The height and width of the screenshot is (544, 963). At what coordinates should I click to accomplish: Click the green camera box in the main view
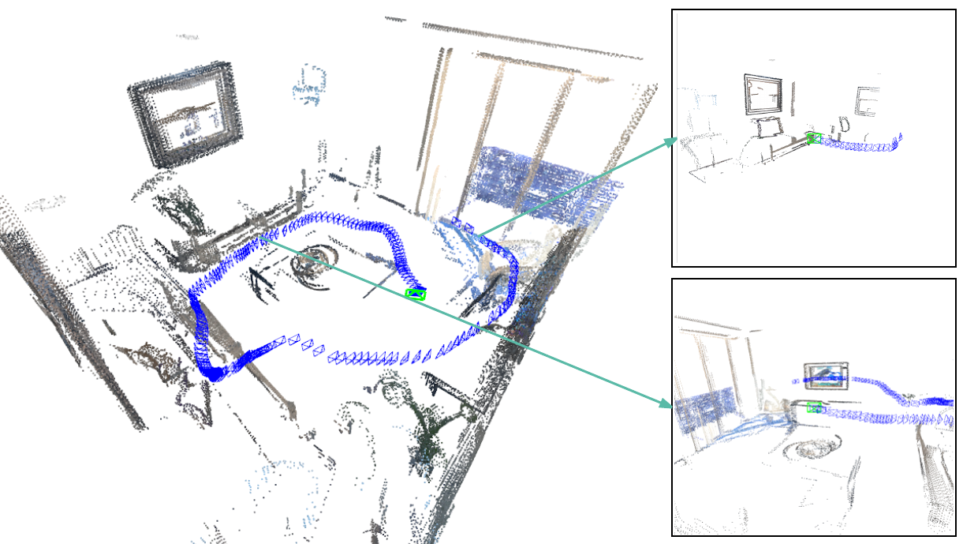416,295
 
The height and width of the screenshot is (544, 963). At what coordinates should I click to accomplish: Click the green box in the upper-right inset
814,138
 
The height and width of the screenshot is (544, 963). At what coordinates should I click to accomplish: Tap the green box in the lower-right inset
816,407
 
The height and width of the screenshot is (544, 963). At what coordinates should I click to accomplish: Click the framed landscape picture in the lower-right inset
826,377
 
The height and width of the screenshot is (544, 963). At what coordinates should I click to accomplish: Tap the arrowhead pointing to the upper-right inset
671,141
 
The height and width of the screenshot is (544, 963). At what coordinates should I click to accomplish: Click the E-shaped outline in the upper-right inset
866,102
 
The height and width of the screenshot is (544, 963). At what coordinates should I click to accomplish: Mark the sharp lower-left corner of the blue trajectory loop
212,375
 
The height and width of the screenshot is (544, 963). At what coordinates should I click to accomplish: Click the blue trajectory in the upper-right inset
860,145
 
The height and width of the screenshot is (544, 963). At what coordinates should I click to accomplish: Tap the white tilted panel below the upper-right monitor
767,127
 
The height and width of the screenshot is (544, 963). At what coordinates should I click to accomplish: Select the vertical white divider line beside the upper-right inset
677,134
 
